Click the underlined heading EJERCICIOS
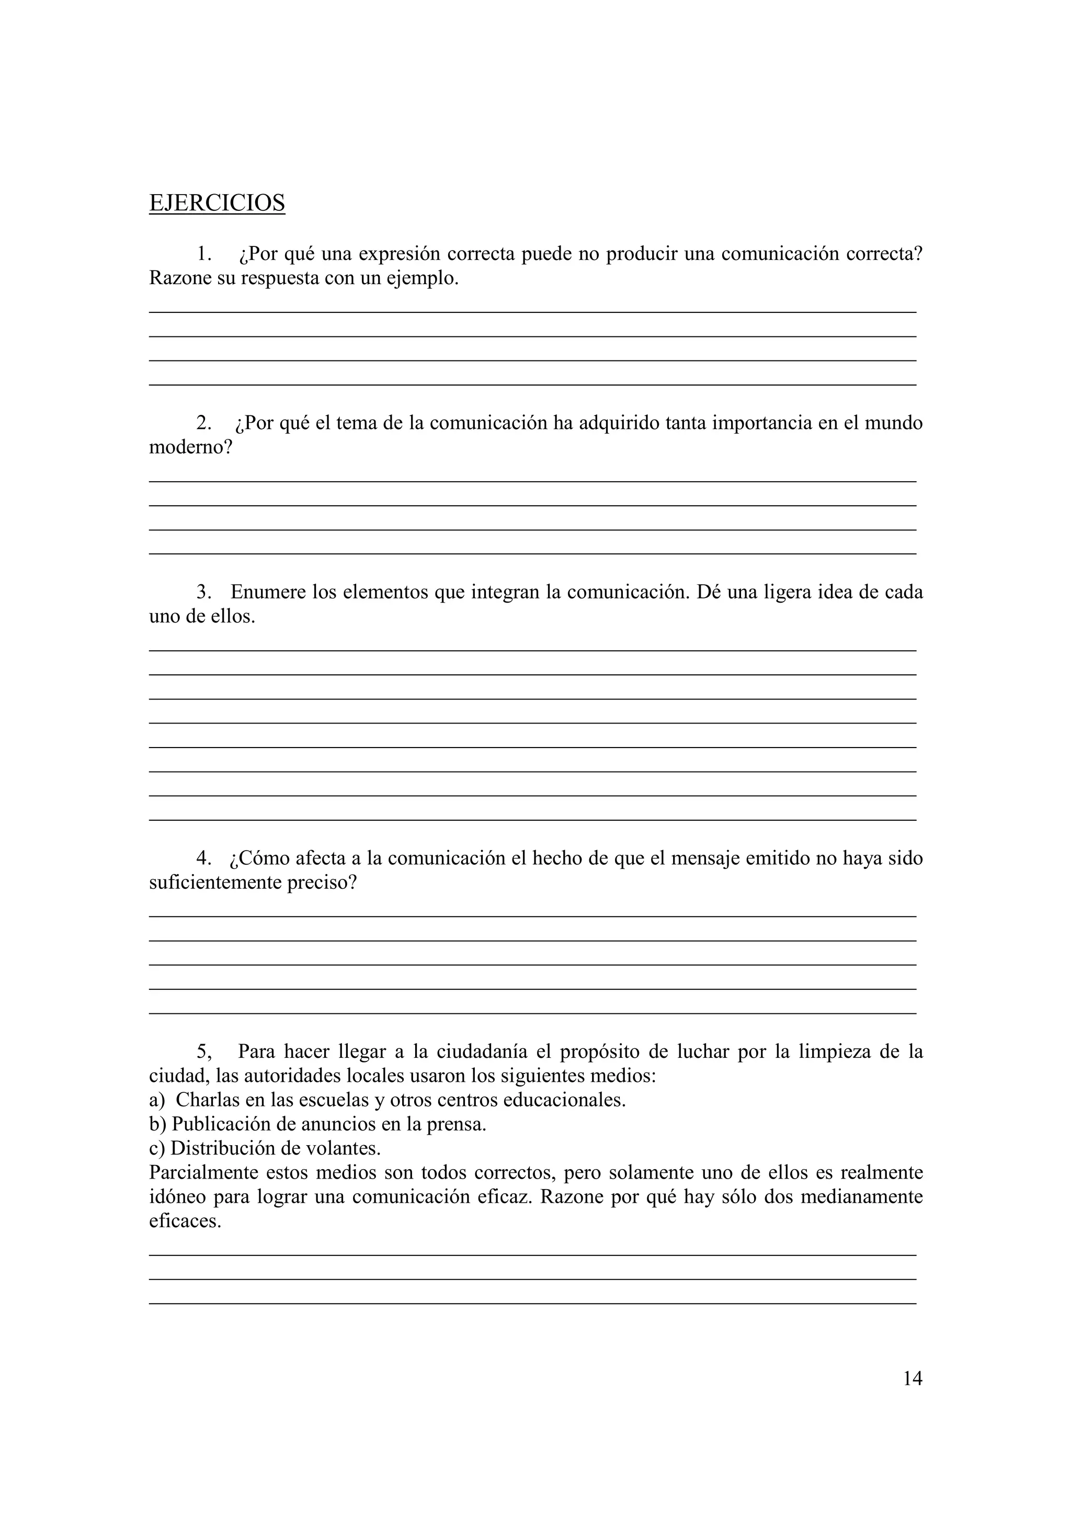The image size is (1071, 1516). [x=217, y=202]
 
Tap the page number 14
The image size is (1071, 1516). [x=912, y=1378]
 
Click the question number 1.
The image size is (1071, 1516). [x=204, y=254]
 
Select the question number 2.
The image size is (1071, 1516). [x=204, y=423]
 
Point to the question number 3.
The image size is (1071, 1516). [x=204, y=592]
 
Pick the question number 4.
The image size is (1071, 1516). [x=204, y=858]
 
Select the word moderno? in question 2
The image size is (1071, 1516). [x=191, y=448]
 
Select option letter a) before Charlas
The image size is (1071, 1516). [x=157, y=1100]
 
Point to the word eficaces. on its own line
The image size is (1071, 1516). [x=185, y=1221]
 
